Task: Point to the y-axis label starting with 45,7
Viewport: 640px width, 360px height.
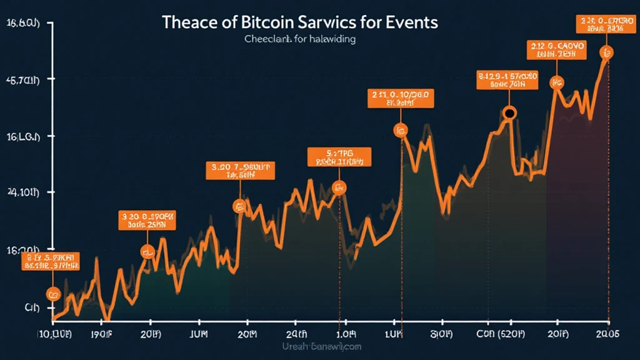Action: [x=22, y=80]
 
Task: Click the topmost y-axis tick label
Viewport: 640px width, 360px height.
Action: [x=22, y=24]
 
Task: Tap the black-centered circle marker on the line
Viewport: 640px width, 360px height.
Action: [x=509, y=113]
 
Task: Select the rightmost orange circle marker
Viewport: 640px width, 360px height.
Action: [x=606, y=52]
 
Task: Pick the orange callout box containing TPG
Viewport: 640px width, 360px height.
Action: [x=339, y=157]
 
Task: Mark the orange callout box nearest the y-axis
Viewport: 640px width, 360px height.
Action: [x=51, y=261]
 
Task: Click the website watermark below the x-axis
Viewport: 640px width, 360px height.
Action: [x=322, y=346]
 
